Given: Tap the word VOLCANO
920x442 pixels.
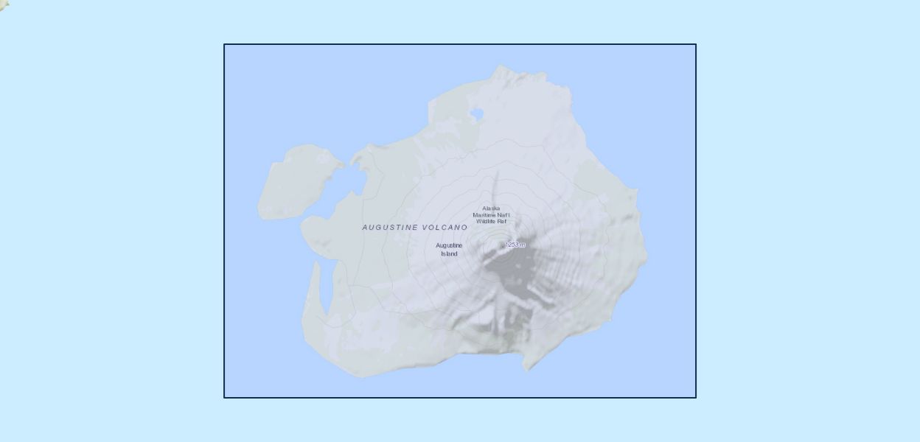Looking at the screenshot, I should (x=445, y=228).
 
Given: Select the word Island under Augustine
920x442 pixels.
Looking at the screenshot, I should (x=449, y=253).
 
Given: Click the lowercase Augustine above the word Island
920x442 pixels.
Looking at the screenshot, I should (x=449, y=245).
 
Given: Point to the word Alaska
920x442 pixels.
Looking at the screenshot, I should (x=491, y=208).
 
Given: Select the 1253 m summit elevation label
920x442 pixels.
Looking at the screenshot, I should (x=515, y=245).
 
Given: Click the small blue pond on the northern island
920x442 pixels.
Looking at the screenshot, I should (x=476, y=114).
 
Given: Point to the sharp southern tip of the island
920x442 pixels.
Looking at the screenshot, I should (x=526, y=369).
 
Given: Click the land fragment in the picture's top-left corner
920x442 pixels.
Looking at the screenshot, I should (x=4, y=4).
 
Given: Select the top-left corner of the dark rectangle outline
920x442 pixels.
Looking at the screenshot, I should (x=224, y=44).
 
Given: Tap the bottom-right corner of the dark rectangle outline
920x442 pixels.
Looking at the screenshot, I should (x=696, y=398).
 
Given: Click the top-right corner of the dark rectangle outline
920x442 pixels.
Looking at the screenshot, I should (x=696, y=44).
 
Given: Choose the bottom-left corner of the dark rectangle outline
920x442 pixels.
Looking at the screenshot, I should (x=224, y=398).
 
